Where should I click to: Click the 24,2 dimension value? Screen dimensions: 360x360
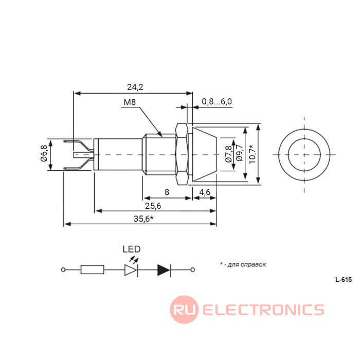[x=135, y=87]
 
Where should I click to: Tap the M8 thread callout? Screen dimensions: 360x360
[x=130, y=102]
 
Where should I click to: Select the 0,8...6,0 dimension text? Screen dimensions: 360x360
[x=217, y=101]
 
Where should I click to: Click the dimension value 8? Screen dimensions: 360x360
[x=167, y=192]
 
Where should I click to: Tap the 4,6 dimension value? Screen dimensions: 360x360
[x=204, y=192]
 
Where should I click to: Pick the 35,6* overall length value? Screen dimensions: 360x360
[x=144, y=219]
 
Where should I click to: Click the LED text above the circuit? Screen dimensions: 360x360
[x=132, y=249]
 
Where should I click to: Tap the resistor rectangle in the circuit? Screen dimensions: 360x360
[x=93, y=269]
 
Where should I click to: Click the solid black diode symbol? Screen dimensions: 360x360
[x=164, y=269]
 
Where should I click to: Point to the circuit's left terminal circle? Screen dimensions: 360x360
[x=63, y=269]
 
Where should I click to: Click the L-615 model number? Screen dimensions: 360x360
[x=343, y=280]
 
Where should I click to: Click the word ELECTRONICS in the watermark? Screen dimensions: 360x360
[x=263, y=310]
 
